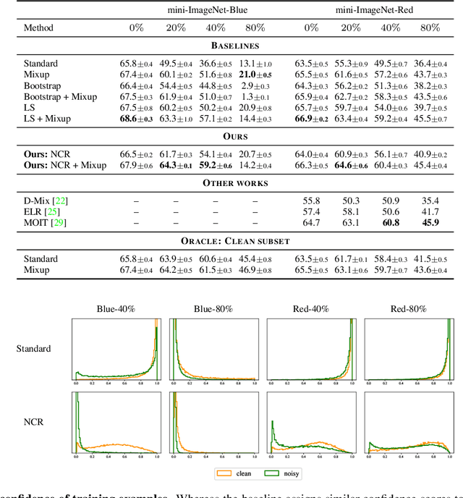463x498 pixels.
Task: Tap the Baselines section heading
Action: coord(231,46)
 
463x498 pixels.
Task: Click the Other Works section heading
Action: coord(231,183)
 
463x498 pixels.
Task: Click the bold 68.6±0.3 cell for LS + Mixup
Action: coord(136,119)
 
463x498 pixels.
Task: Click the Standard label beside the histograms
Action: coord(34,348)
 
